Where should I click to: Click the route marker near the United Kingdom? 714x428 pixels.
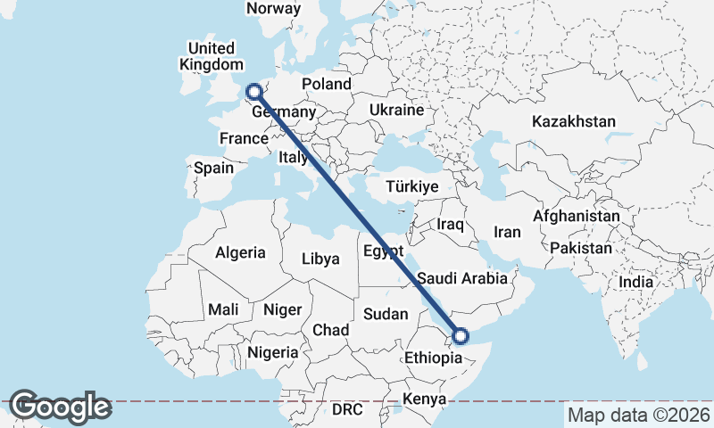coord(254,91)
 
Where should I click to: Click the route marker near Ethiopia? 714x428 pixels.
coord(461,336)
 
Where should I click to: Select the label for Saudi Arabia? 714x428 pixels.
coord(462,278)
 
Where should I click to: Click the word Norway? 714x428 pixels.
coord(273,8)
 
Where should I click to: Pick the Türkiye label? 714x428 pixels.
coord(411,186)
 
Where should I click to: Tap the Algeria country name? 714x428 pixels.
coord(240,252)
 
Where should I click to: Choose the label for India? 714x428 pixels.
coord(636,282)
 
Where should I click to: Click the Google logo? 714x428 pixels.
coord(60,407)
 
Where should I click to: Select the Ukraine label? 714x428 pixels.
coord(395,111)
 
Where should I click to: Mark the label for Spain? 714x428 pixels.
coord(213,168)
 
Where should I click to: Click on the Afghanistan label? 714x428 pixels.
coord(576,216)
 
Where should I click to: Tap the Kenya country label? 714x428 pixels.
coord(423,398)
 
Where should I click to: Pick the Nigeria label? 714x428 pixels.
coord(272,352)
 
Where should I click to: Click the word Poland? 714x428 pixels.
coord(326,84)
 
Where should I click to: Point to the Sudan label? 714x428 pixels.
coord(386,314)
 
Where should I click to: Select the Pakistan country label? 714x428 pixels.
coord(581,247)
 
